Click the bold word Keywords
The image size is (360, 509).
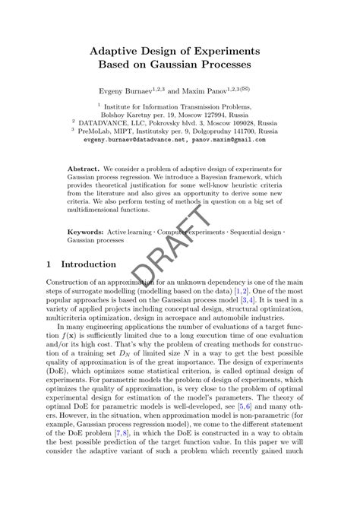86,229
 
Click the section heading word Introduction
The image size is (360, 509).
89,264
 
